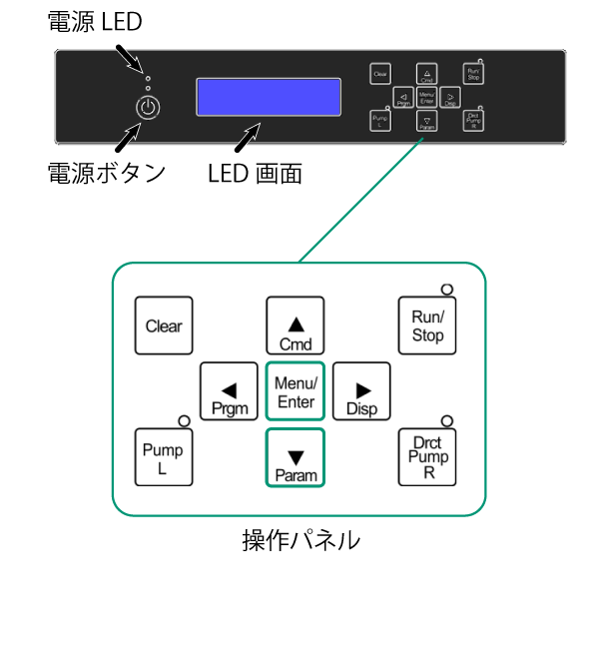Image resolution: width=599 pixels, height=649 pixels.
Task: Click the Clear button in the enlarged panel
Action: pos(164,326)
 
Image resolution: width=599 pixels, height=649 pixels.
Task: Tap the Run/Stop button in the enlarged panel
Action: pos(427,326)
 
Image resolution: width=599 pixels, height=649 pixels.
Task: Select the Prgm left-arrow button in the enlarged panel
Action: pos(230,392)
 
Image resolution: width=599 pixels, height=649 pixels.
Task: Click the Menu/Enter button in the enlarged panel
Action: pos(296,392)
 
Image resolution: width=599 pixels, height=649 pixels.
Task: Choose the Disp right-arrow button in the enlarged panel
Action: pos(361,392)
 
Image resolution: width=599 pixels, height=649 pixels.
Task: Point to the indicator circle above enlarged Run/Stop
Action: pos(446,290)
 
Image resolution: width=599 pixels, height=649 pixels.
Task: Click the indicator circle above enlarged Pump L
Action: pos(183,421)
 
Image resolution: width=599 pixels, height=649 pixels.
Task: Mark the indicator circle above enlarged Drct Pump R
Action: pos(446,421)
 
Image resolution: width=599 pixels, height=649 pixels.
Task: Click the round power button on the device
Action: pos(147,107)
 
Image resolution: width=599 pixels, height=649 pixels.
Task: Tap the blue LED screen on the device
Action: pos(269,97)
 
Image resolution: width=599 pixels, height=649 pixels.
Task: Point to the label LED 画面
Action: pos(255,173)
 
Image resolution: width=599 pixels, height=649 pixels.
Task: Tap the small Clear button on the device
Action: pos(379,74)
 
